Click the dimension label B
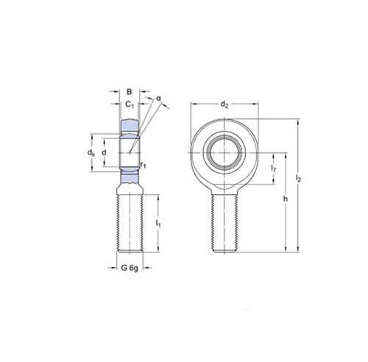(129, 92)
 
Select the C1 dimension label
(130, 104)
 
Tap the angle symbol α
(158, 99)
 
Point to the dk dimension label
(91, 152)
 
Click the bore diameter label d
(105, 152)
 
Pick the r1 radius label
(144, 165)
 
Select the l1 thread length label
(158, 224)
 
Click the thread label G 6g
(130, 268)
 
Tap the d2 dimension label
(224, 104)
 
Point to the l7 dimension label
(274, 168)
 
